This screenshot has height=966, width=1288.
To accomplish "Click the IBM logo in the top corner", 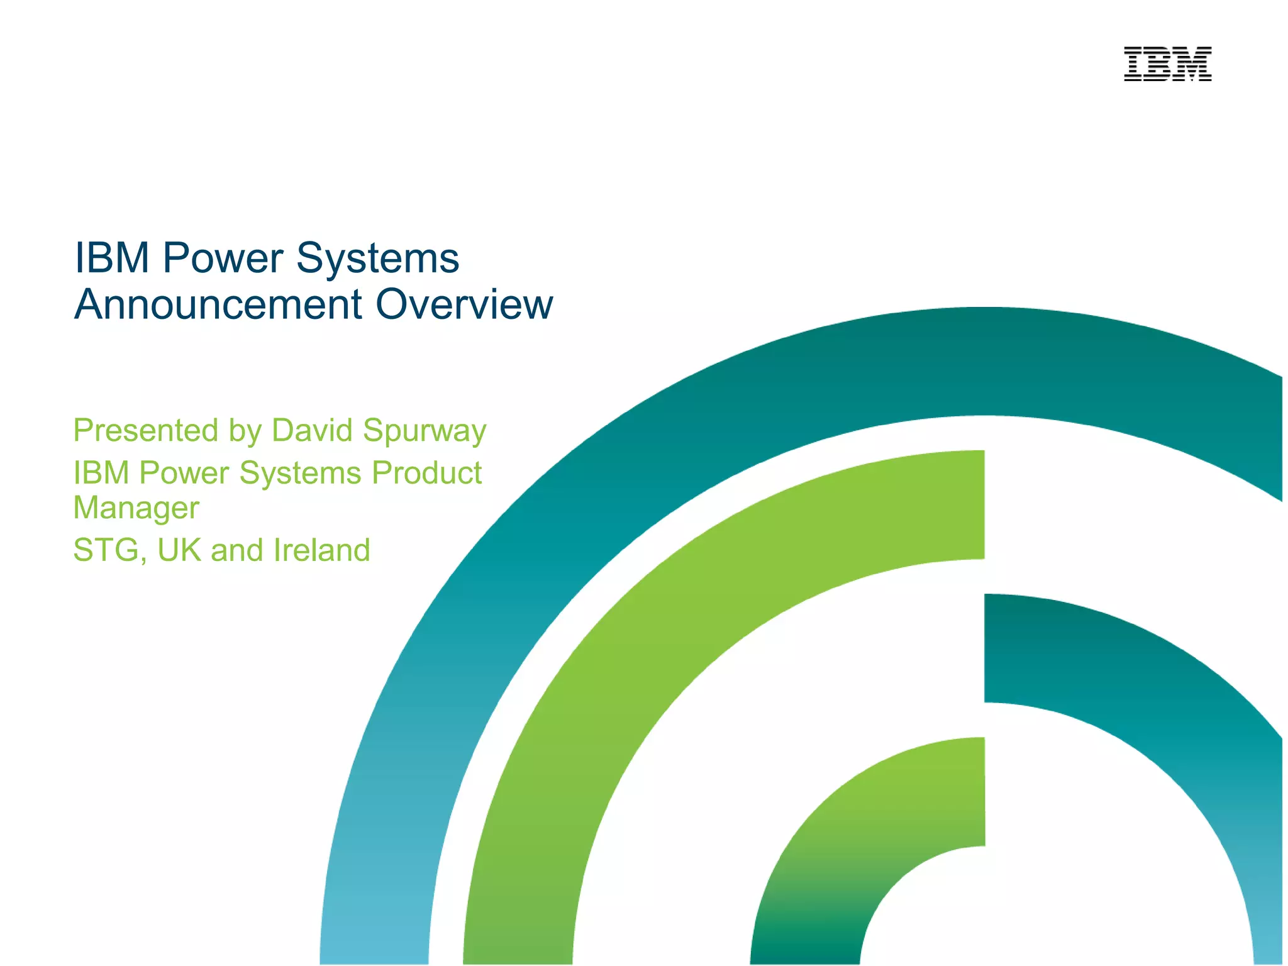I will coord(1167,64).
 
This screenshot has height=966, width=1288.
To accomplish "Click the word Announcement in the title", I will coord(218,304).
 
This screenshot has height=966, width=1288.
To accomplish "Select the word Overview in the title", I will coord(464,304).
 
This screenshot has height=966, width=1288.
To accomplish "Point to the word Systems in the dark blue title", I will coord(377,258).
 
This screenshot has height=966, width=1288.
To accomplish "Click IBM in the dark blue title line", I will coord(112,258).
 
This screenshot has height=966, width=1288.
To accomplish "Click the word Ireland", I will coord(322,550).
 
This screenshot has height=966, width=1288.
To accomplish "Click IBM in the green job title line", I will coord(101,473).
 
